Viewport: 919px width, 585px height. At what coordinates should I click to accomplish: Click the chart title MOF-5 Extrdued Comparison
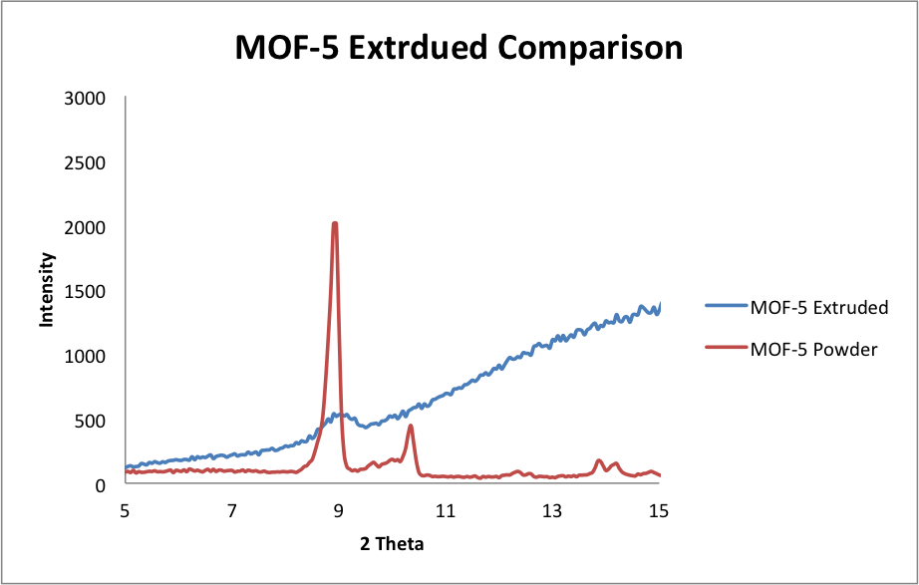coord(459,47)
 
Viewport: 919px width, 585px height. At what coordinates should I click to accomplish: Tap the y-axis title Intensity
coord(46,290)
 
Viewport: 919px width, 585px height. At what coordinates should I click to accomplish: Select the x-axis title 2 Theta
coord(392,544)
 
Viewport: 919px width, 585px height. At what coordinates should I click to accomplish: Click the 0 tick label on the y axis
coord(101,485)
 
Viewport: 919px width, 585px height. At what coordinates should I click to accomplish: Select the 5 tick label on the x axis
coord(125,511)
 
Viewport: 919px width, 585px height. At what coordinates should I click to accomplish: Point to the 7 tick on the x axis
coord(232,511)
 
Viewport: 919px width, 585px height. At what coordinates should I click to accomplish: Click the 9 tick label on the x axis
coord(339,511)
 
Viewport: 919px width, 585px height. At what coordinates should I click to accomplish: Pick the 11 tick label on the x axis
coord(446,511)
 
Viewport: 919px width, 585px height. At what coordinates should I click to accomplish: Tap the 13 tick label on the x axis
coord(552,511)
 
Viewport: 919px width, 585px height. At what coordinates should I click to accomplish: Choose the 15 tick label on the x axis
coord(659,511)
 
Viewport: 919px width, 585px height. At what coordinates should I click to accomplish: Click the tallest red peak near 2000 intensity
coord(335,224)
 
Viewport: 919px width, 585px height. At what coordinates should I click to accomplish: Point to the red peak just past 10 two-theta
coord(410,427)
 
